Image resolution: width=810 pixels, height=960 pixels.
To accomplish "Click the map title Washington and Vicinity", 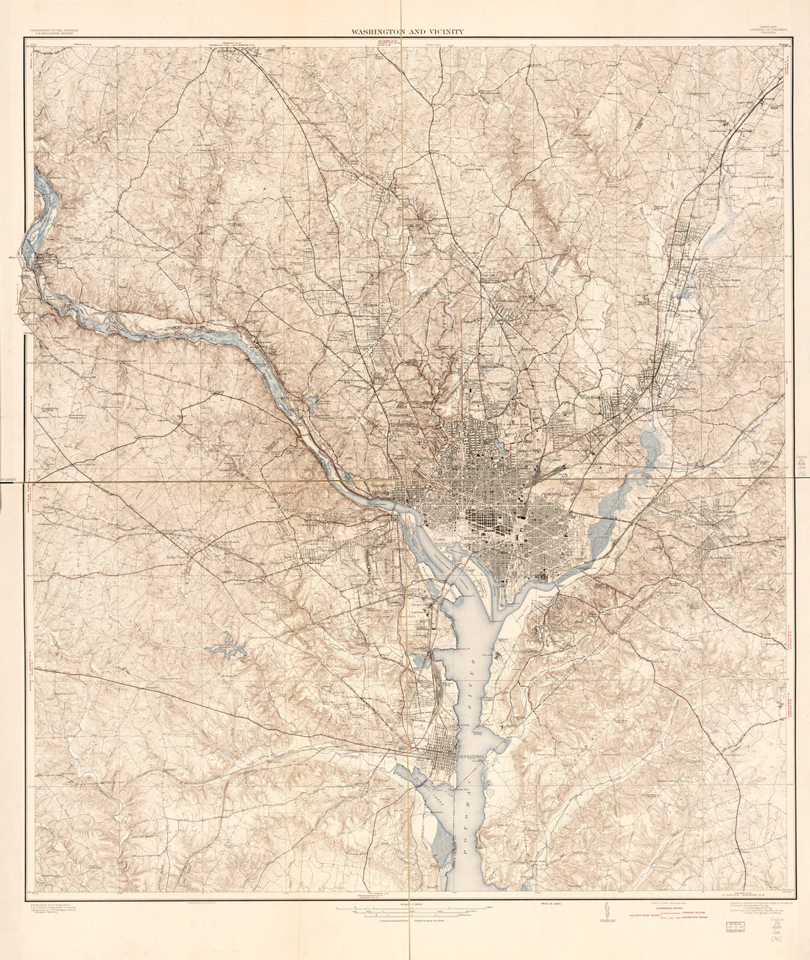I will (x=406, y=32).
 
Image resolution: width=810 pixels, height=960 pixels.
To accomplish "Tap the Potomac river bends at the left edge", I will (x=37, y=221).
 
